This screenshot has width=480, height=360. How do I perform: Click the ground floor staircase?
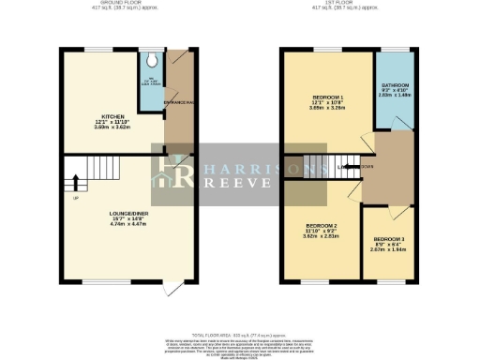(x=79, y=172)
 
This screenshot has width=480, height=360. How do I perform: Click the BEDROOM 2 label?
(x=321, y=226)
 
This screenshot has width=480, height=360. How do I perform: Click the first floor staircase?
(x=327, y=170)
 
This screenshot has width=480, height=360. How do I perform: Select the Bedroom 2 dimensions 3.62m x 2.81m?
(x=321, y=237)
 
